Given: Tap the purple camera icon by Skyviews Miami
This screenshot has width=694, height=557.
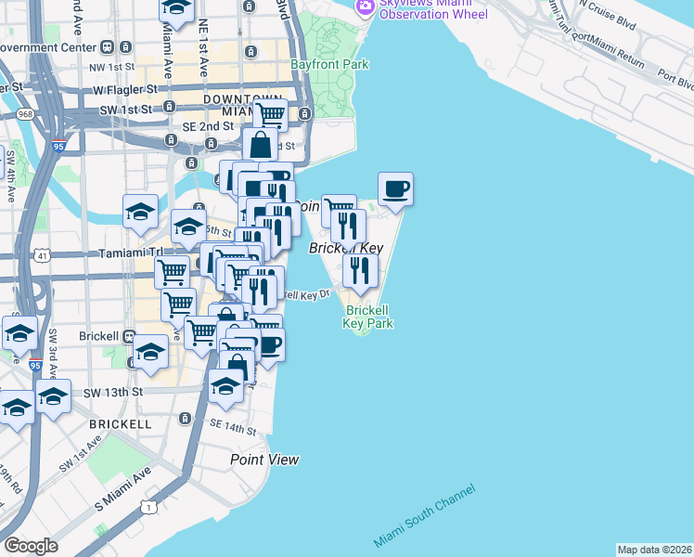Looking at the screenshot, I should (366, 6).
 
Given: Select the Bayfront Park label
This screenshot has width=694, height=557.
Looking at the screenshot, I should (329, 65).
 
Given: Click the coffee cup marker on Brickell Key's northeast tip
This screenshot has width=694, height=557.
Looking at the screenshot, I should (395, 189).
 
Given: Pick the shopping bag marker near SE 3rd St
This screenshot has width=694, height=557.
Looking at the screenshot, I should (260, 145).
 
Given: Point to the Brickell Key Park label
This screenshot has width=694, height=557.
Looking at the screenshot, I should (368, 317).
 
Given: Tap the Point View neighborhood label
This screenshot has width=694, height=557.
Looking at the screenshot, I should (264, 460).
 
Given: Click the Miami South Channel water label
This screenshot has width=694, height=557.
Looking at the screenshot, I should (425, 515).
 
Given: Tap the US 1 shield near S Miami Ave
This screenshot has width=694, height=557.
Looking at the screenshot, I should (148, 506).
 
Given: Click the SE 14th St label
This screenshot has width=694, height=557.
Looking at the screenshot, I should (232, 427).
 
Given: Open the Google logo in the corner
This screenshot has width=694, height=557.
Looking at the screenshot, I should (31, 546).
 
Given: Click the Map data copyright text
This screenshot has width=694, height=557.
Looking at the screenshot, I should (653, 550).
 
